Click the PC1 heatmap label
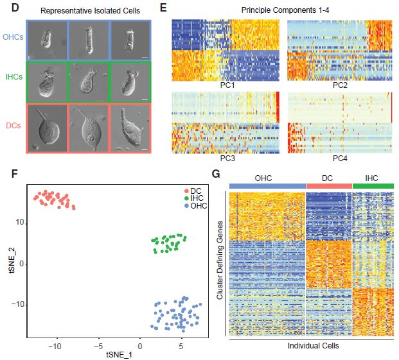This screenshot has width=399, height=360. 224,85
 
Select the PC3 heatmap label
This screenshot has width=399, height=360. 224,157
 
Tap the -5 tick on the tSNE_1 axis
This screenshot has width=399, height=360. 98,343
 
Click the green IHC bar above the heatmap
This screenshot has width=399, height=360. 373,185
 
